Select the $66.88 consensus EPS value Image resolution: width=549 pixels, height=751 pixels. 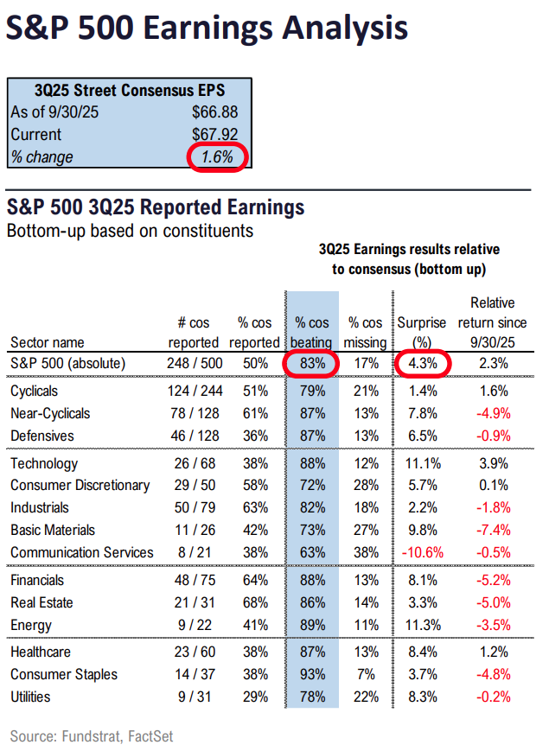[x=214, y=111]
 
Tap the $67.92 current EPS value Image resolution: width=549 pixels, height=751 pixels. [x=214, y=134]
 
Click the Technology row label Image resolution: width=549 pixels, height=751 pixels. [x=44, y=464]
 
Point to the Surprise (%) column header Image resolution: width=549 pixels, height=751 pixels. [x=421, y=332]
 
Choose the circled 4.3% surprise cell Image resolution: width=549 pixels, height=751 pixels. [x=421, y=364]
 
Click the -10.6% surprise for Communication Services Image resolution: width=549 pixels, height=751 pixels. [x=421, y=552]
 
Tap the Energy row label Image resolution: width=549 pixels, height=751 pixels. [x=31, y=625]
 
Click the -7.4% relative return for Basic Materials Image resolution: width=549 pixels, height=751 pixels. [x=494, y=530]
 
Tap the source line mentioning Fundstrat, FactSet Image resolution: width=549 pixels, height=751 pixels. [x=92, y=735]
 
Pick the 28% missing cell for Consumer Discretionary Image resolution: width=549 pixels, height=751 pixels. [x=361, y=486]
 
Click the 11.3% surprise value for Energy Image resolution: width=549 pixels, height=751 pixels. [x=421, y=625]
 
